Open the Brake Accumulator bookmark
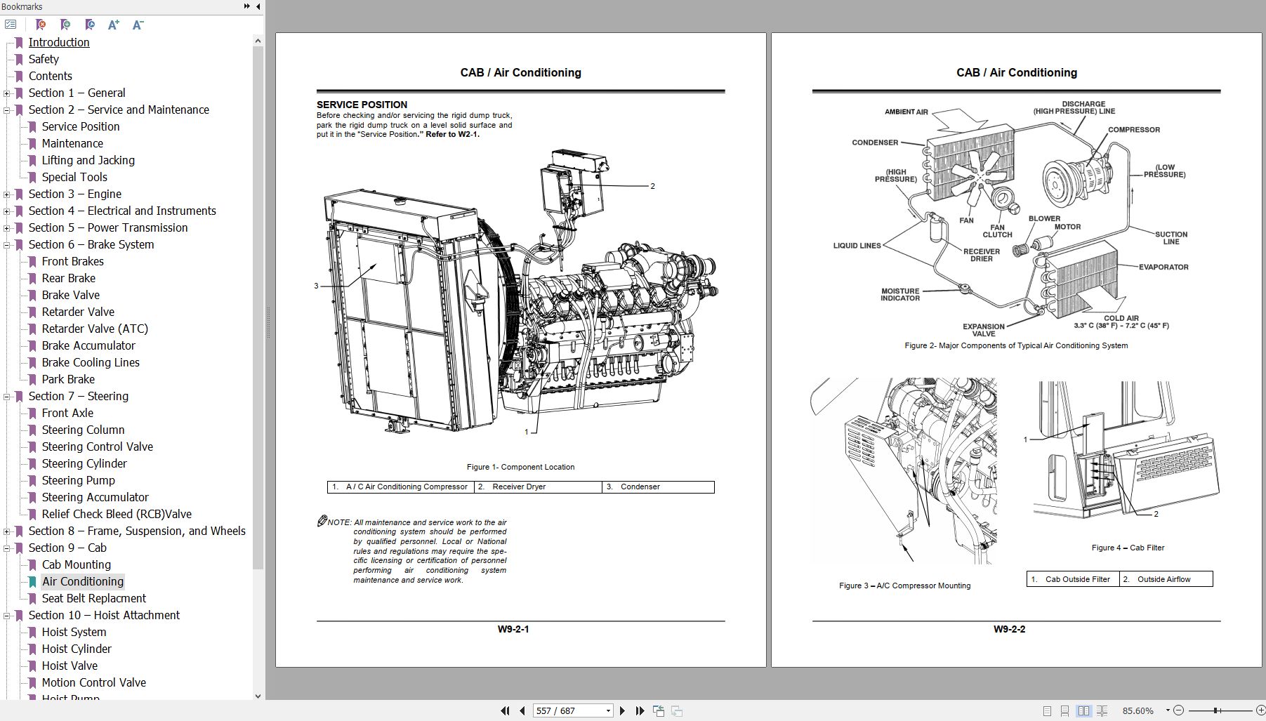coord(88,345)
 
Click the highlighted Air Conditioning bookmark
coord(82,581)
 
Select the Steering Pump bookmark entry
coord(78,480)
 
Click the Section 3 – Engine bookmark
coord(74,194)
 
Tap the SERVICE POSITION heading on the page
coord(362,105)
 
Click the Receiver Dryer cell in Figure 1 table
coord(519,487)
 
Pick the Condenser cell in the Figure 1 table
coord(640,487)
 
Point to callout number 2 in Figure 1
coord(652,186)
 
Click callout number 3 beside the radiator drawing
coord(316,286)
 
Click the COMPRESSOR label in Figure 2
coord(1133,130)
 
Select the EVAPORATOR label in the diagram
coord(1163,267)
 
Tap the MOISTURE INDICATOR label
coord(899,294)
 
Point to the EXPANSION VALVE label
coord(983,330)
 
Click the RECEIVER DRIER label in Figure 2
coord(981,255)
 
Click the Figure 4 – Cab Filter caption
coord(1128,548)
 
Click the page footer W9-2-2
coord(1009,629)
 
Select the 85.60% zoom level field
coord(1138,710)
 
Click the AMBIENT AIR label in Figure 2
coord(906,112)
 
